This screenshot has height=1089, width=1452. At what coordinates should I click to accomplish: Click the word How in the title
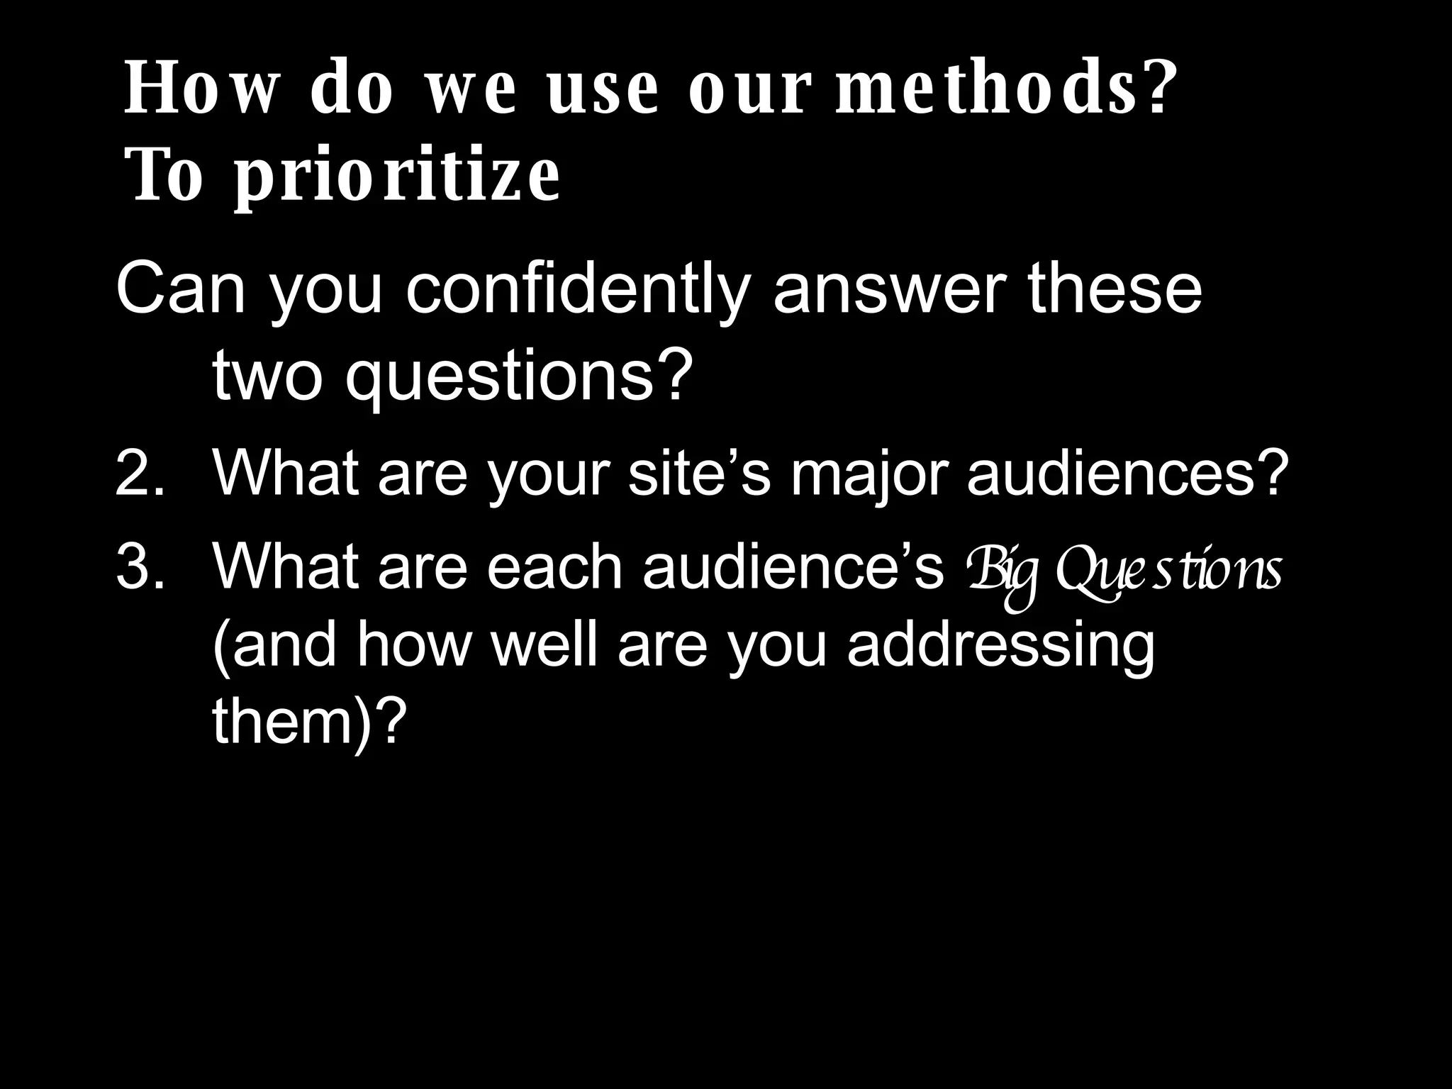click(199, 90)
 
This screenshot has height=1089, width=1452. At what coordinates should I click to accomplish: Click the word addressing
click(1000, 647)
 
